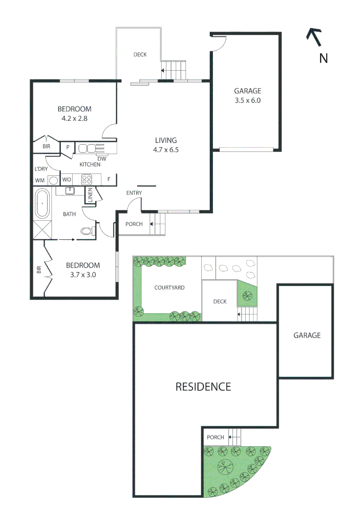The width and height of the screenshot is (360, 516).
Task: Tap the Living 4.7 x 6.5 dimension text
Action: pyautogui.click(x=165, y=149)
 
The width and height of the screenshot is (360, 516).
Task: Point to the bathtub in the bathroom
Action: pyautogui.click(x=42, y=204)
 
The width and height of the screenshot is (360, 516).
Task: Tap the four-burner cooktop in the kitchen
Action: pyautogui.click(x=87, y=180)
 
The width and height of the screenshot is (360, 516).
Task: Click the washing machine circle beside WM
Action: pyautogui.click(x=54, y=180)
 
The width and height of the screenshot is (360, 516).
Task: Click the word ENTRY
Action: pyautogui.click(x=134, y=193)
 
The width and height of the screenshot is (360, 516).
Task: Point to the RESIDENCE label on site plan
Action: pyautogui.click(x=203, y=387)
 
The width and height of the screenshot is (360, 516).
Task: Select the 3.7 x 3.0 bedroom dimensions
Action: pyautogui.click(x=83, y=274)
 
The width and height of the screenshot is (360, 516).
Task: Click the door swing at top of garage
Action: pyautogui.click(x=218, y=44)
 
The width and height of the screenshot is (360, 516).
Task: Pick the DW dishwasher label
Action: pyautogui.click(x=101, y=159)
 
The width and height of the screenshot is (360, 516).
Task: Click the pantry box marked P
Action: pyautogui.click(x=68, y=148)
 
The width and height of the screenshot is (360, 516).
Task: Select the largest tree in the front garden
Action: pyautogui.click(x=223, y=464)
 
